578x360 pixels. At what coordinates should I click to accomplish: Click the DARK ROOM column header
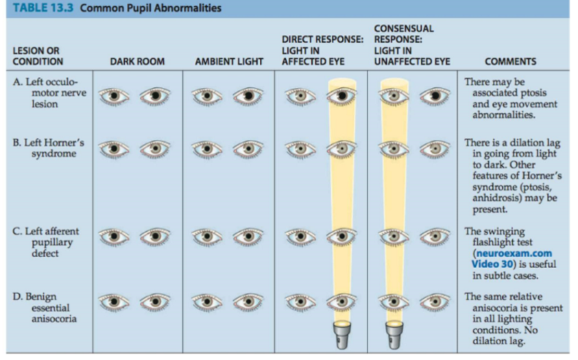click(x=137, y=62)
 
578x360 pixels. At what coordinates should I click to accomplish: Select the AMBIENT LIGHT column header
click(x=229, y=62)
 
